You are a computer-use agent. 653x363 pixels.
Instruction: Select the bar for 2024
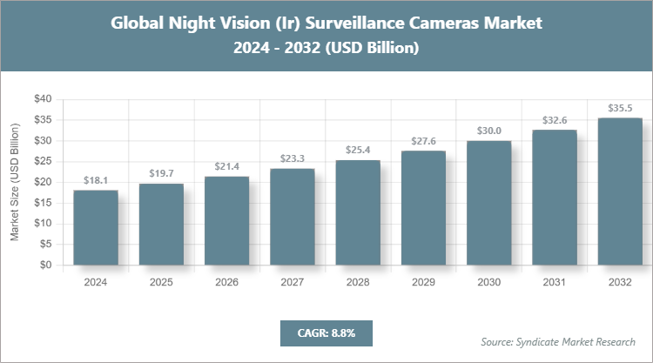point(96,228)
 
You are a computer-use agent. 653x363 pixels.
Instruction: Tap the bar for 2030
point(488,204)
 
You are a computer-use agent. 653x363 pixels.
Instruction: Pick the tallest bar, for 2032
point(620,192)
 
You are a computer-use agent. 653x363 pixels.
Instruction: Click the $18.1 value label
point(96,180)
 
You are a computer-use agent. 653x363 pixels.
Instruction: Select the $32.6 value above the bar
point(555,120)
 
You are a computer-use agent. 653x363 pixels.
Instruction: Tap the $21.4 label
point(226,166)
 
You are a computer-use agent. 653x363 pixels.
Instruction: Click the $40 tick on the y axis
point(42,99)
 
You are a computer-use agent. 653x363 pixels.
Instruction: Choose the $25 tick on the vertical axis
point(42,161)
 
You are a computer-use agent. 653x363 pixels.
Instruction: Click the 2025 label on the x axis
point(161,282)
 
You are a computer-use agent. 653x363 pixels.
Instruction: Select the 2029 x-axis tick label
point(423,282)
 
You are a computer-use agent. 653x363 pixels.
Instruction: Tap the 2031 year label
point(555,282)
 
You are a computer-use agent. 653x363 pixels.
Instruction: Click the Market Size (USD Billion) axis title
point(15,183)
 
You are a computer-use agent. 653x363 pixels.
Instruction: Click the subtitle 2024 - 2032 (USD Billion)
point(326,49)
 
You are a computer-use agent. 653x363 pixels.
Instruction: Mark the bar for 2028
point(358,213)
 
